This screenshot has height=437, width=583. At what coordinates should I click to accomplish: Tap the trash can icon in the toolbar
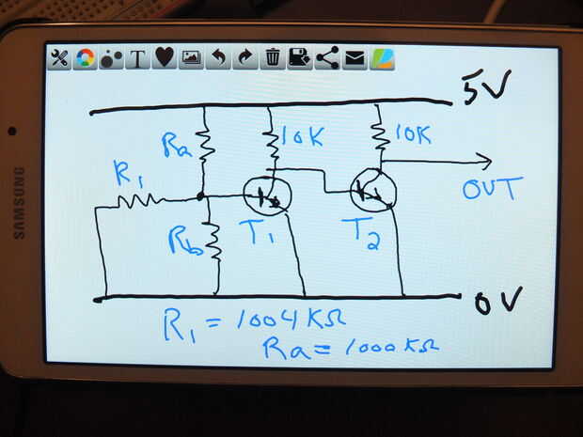(273, 58)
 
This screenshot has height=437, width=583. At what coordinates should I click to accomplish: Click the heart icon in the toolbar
(164, 57)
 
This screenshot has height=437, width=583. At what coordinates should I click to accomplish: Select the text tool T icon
(137, 58)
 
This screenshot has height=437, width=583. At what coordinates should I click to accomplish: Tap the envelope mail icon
(355, 58)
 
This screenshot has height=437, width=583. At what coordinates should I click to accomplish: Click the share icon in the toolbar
(327, 58)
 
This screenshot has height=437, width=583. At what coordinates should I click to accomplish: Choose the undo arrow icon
(218, 58)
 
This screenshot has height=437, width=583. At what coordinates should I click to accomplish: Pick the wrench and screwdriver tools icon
(58, 58)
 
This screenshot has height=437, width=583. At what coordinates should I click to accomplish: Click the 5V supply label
(486, 86)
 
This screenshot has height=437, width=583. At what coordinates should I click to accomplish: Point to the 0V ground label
(497, 301)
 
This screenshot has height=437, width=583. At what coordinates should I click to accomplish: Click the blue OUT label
(492, 189)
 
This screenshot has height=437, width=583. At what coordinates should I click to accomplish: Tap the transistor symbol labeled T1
(267, 195)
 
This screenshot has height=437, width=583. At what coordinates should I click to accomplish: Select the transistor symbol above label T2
(373, 191)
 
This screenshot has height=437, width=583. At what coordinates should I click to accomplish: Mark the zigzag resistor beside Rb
(214, 242)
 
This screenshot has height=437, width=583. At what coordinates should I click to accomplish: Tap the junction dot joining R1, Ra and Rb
(200, 196)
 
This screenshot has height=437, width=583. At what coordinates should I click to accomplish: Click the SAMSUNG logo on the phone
(20, 202)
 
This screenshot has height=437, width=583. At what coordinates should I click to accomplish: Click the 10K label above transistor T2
(413, 134)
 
